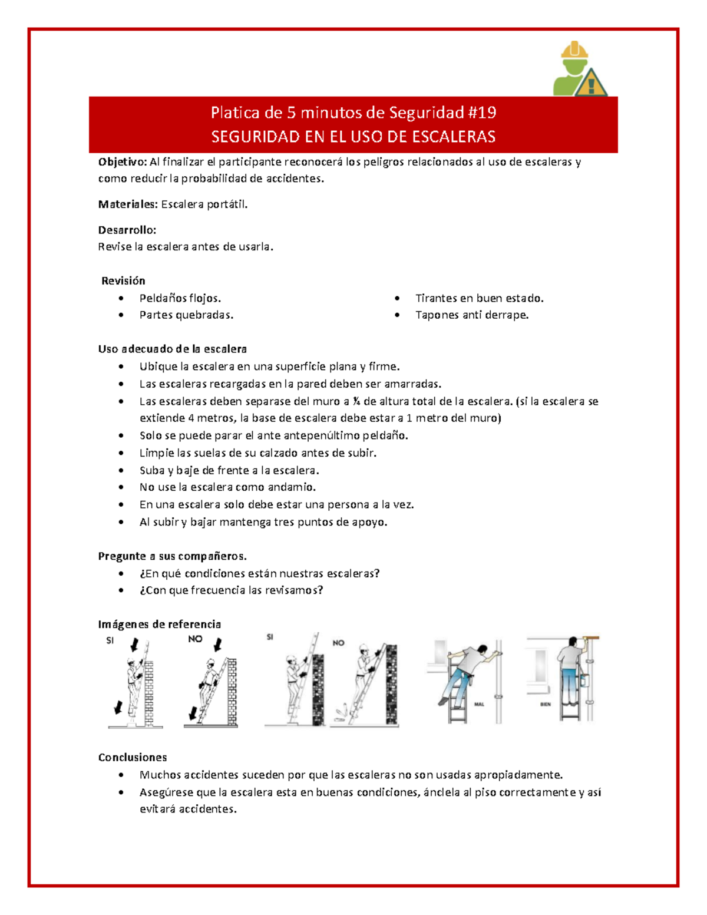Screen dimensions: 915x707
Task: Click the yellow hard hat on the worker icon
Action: tap(574, 51)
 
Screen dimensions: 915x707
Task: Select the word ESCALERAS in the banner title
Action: tap(454, 137)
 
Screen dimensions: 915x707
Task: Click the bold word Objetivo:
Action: tap(122, 162)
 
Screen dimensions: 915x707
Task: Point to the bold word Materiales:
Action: tap(128, 204)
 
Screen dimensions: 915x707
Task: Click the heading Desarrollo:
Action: tap(127, 230)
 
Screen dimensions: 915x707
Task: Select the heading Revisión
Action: tap(123, 281)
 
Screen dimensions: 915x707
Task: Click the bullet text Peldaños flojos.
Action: tap(180, 298)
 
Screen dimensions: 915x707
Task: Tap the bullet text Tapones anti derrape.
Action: tap(471, 315)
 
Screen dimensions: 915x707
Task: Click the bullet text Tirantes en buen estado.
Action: tap(479, 298)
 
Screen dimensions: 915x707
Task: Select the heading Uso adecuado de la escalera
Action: tap(172, 349)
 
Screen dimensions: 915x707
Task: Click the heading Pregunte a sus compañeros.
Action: tap(172, 556)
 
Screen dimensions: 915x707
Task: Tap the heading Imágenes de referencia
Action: tap(159, 625)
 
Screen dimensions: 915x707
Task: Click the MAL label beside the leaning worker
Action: tap(479, 704)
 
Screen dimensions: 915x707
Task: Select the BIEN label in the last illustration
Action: tap(546, 704)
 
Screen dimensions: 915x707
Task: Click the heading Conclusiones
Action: tap(132, 758)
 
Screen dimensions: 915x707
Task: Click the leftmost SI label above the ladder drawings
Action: tap(110, 641)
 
